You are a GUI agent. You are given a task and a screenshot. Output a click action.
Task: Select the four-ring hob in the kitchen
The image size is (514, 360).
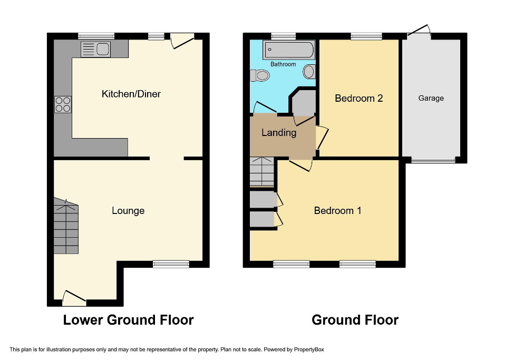click(x=63, y=105)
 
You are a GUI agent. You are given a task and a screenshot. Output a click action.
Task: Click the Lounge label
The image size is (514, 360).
click(x=128, y=211)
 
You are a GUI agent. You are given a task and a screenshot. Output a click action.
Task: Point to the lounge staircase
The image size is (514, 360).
click(x=65, y=227)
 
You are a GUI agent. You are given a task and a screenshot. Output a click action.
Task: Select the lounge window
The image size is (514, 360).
click(x=171, y=264)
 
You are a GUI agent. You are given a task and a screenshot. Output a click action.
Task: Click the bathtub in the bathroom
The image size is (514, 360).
click(x=289, y=50)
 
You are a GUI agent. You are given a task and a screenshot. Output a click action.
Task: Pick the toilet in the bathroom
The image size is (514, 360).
click(x=260, y=76)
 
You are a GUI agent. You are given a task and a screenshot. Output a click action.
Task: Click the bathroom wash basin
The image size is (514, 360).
click(x=309, y=71)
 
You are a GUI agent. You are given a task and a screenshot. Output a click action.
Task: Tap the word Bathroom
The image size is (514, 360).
click(x=283, y=64)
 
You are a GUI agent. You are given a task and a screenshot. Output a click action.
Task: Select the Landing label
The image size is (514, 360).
click(x=279, y=133)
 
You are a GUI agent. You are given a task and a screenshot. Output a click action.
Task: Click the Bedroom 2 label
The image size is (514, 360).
click(x=358, y=98)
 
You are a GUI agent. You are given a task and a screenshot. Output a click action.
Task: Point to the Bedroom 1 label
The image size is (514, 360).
click(x=337, y=211)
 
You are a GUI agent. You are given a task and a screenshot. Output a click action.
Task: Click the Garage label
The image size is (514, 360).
click(x=431, y=98)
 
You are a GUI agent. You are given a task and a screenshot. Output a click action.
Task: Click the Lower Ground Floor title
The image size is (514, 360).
click(x=128, y=320)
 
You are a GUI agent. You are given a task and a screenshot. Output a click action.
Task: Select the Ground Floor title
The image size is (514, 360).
click(x=355, y=320)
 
